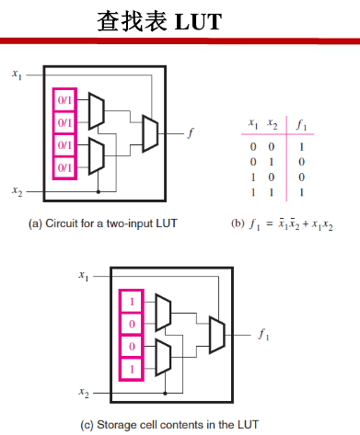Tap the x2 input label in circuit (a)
tap(17, 190)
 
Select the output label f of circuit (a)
tap(191, 133)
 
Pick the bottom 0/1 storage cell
tap(65, 168)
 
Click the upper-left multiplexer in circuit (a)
tap(97, 111)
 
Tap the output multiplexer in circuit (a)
tap(150, 133)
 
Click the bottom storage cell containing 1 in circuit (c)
tap(133, 368)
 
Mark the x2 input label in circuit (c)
tap(84, 393)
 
